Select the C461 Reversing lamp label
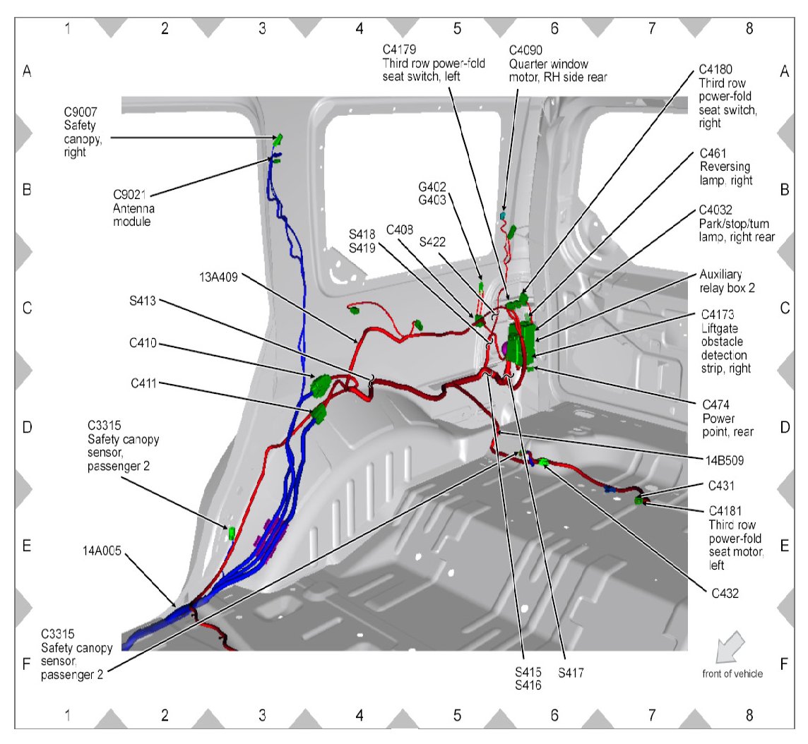pos(725,167)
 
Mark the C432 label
pos(723,594)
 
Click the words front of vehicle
pos(732,673)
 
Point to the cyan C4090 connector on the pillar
pos(504,214)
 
